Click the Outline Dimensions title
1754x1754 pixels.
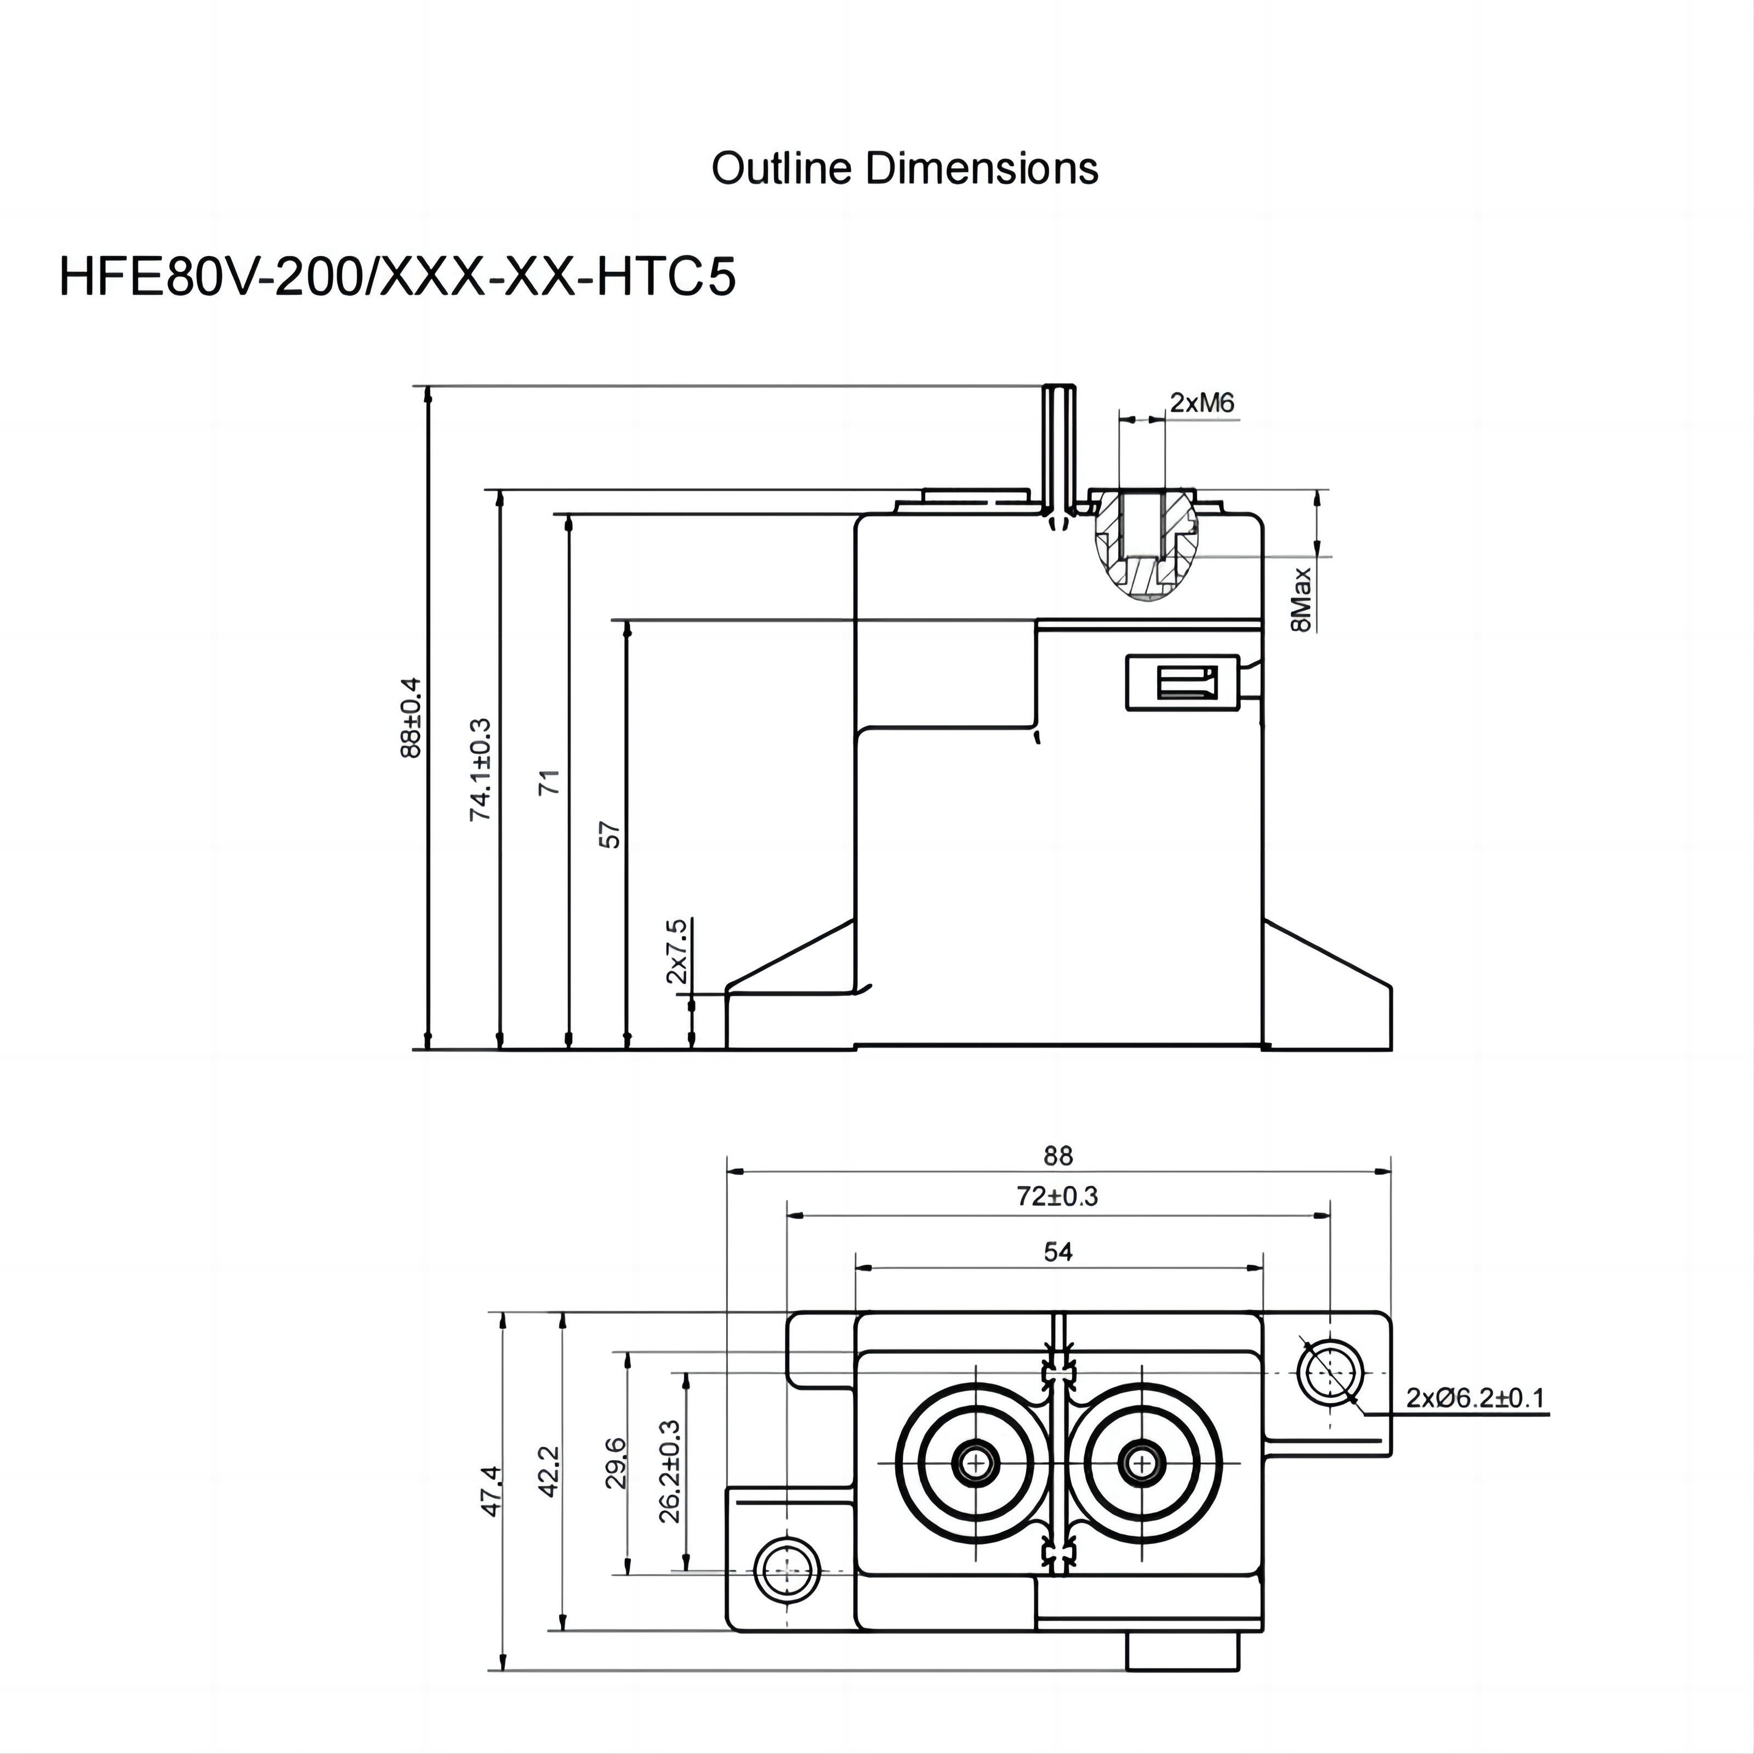click(904, 169)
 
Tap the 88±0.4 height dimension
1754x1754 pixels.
click(411, 717)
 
